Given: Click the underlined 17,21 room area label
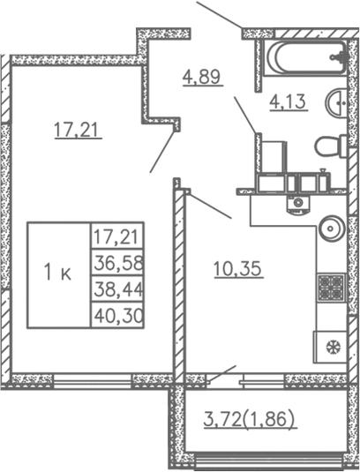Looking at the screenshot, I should pos(77,131).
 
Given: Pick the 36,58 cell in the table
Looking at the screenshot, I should pos(117,262).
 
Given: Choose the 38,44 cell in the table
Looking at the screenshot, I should pos(117,288).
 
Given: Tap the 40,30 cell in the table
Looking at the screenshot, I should pos(117,315).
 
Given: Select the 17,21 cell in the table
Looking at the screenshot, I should pos(117,236).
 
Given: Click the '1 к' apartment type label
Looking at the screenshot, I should pos(58,273).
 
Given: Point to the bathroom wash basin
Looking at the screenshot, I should pos(337,103).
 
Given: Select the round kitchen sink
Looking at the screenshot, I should pos(331,229).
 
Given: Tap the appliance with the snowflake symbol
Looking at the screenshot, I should pos(330,346).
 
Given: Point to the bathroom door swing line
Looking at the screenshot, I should pos(244,116).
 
